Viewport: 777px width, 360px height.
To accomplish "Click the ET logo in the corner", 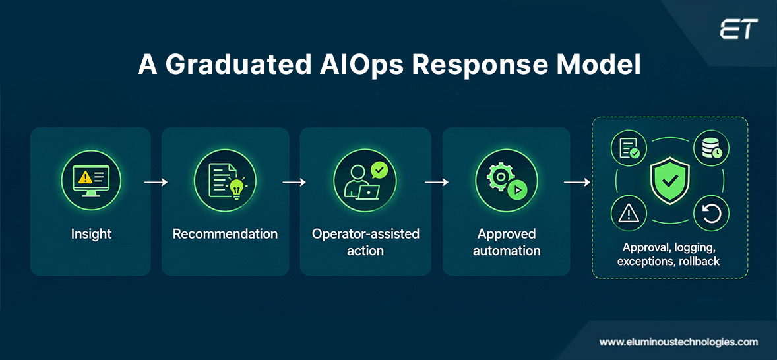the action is (x=738, y=29).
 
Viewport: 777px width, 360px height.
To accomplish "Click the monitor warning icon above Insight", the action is (x=90, y=180).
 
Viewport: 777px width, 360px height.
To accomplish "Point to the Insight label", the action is (x=91, y=233).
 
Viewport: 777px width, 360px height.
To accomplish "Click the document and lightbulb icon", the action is (x=225, y=180).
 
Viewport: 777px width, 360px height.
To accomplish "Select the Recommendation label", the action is (x=225, y=233).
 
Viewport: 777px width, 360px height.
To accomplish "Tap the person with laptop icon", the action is (x=365, y=180).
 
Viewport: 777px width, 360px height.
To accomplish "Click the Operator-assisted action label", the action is (x=365, y=242).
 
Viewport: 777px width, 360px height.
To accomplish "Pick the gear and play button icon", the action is (x=505, y=180).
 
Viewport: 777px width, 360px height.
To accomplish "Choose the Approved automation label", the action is (x=507, y=242).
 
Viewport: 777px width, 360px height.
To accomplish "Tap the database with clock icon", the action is (x=710, y=148).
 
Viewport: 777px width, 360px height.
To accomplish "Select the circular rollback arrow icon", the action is (x=710, y=213).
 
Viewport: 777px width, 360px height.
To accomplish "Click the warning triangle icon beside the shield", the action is (x=629, y=213).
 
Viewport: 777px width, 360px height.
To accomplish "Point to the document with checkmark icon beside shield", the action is (x=629, y=148).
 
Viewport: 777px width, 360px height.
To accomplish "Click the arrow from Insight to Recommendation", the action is (x=156, y=182).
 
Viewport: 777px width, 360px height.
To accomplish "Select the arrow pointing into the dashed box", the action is (x=577, y=182).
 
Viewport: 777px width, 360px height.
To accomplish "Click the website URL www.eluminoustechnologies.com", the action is (x=678, y=342).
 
